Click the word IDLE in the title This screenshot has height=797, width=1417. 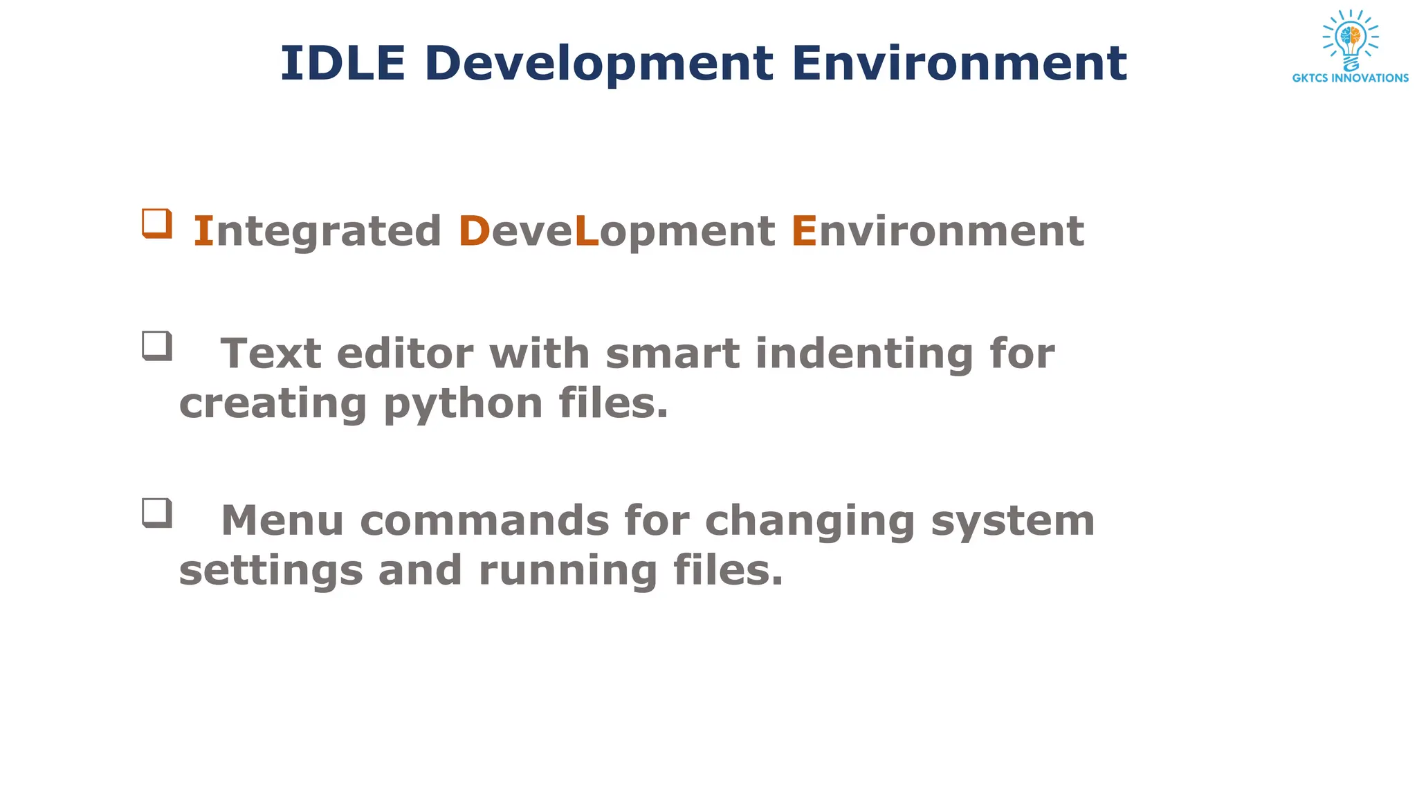[x=342, y=63]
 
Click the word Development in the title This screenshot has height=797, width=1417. [x=599, y=64]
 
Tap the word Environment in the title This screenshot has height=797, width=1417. [x=960, y=63]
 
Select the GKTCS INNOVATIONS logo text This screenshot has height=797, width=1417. [x=1350, y=78]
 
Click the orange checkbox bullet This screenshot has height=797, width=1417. [x=157, y=223]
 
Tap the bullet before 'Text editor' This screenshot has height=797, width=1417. [x=157, y=346]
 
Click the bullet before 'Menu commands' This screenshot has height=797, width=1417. [x=157, y=513]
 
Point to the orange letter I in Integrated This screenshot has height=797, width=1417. [x=203, y=231]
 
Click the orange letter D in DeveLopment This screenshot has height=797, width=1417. [x=474, y=231]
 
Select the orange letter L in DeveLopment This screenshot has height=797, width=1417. [x=586, y=231]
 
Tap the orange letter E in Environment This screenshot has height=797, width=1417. [x=804, y=231]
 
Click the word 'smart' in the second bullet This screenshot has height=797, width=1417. [x=672, y=354]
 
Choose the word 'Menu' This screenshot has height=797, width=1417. [x=282, y=520]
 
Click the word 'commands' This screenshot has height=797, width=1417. [x=484, y=520]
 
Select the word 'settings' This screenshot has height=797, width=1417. [x=271, y=571]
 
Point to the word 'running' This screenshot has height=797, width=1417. [x=567, y=571]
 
